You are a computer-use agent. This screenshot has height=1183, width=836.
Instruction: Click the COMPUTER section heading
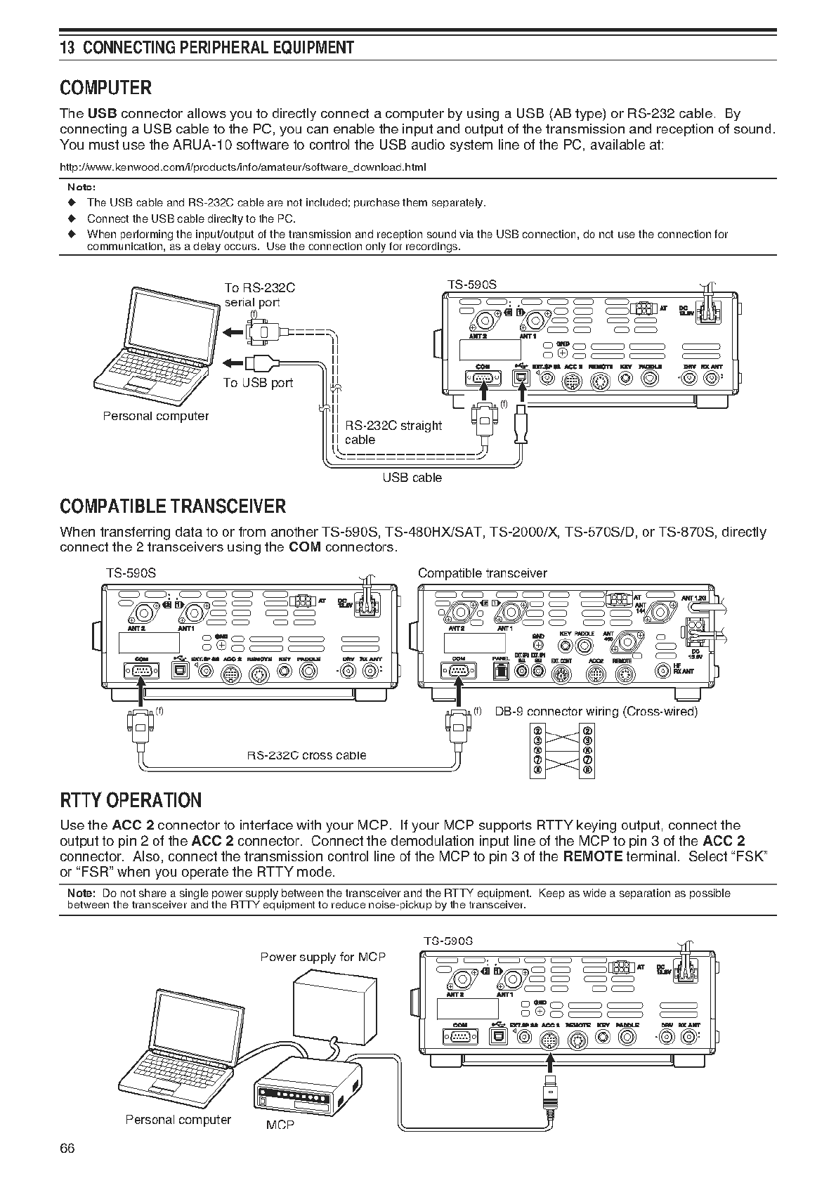point(106,88)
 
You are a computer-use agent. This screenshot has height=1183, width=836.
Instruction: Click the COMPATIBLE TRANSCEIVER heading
point(173,506)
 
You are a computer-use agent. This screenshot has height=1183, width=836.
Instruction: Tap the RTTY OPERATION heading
point(131,800)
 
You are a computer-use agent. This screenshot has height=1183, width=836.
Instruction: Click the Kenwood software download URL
point(243,167)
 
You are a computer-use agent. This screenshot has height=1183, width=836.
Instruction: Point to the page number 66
point(67,1148)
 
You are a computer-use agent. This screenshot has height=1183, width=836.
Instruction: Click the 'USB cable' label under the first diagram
point(412,478)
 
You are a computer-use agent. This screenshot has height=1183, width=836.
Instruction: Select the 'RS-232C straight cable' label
point(393,432)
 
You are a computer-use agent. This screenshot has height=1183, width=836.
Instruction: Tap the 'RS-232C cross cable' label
point(306,756)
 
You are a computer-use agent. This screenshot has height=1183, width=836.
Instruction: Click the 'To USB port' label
point(258,383)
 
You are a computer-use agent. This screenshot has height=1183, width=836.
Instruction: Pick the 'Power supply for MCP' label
point(322,957)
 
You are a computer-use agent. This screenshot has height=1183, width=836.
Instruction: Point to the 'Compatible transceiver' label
point(482,573)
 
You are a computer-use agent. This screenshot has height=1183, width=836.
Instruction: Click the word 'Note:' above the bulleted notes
point(81,188)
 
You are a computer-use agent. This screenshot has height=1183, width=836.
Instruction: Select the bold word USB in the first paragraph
point(102,114)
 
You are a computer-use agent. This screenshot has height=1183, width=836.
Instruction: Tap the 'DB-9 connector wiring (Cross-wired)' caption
point(596,712)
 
